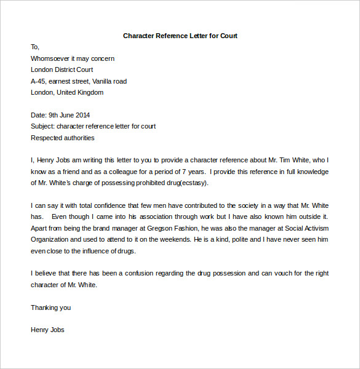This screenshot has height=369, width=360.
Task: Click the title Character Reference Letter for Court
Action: pyautogui.click(x=180, y=36)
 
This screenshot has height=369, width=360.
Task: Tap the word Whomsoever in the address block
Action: pyautogui.click(x=51, y=58)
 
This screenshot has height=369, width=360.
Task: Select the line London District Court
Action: pyautogui.click(x=62, y=69)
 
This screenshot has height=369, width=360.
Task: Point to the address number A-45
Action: pyautogui.click(x=39, y=81)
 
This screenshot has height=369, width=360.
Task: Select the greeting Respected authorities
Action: pyautogui.click(x=62, y=138)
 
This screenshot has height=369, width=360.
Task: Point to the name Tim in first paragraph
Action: pyautogui.click(x=291, y=160)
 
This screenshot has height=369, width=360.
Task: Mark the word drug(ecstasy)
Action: pyautogui.click(x=188, y=183)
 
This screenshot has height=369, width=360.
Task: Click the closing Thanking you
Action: pyautogui.click(x=50, y=307)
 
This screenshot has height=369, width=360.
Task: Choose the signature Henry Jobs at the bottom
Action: pyautogui.click(x=47, y=330)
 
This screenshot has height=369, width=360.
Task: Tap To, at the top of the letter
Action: pyautogui.click(x=34, y=47)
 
